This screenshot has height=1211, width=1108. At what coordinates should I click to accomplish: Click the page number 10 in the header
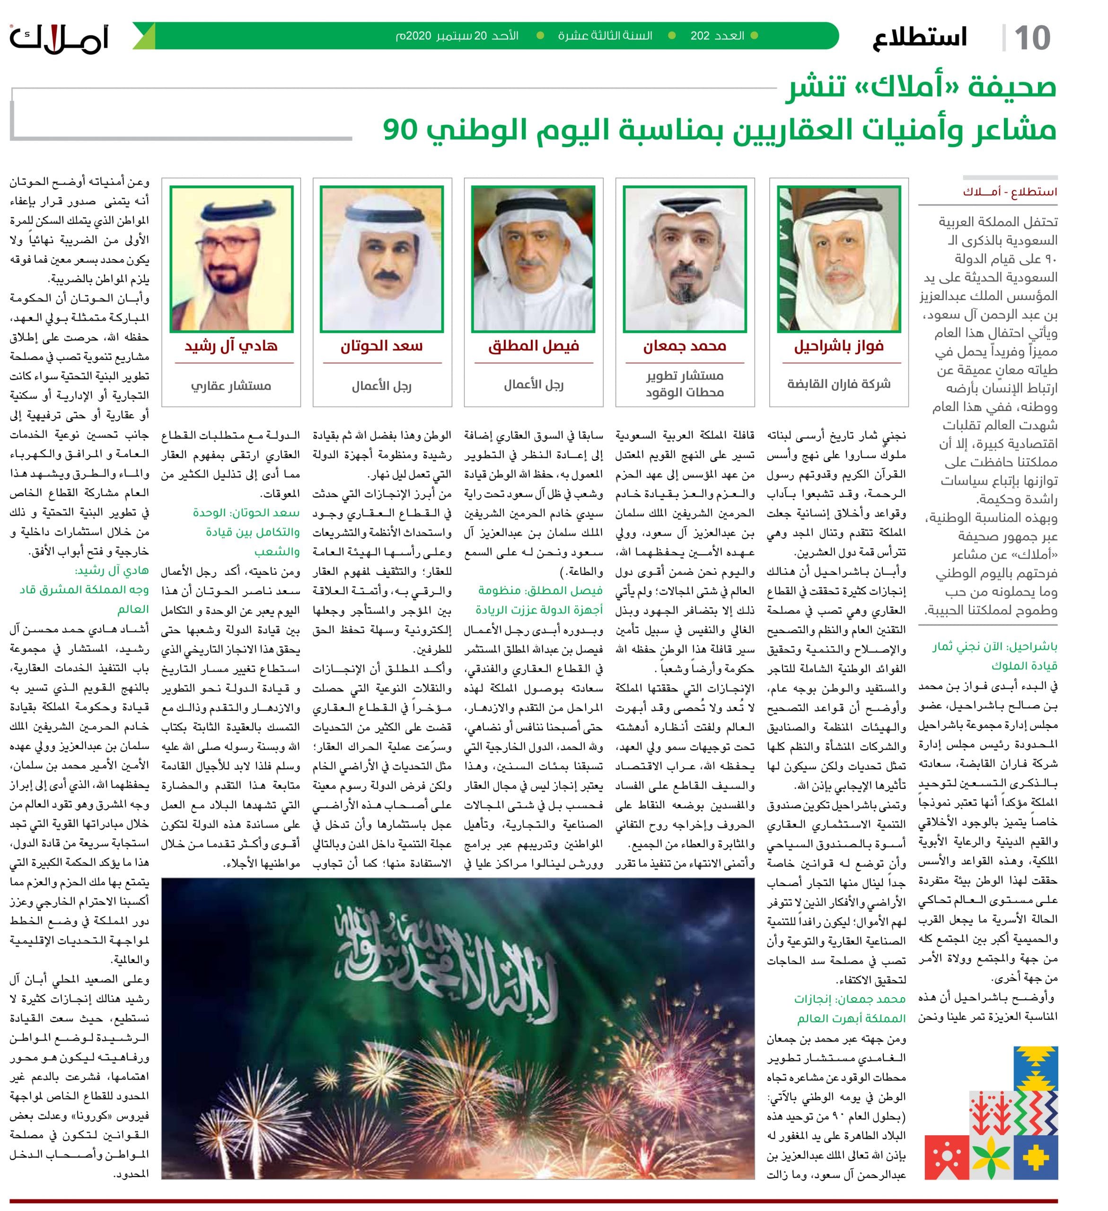click(1032, 38)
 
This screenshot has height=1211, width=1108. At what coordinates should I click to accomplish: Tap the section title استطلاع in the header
click(919, 38)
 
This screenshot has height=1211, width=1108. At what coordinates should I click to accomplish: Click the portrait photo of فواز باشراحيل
click(839, 259)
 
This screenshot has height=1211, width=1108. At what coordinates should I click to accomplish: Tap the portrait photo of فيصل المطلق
click(533, 259)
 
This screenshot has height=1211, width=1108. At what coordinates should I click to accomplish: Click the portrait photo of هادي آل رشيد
click(231, 259)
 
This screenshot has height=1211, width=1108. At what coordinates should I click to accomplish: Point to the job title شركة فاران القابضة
click(839, 384)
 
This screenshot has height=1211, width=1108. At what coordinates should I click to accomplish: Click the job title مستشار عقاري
click(231, 386)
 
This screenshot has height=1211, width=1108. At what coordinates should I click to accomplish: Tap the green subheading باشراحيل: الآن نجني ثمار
click(994, 646)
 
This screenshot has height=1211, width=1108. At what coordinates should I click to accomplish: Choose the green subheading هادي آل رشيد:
click(112, 570)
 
